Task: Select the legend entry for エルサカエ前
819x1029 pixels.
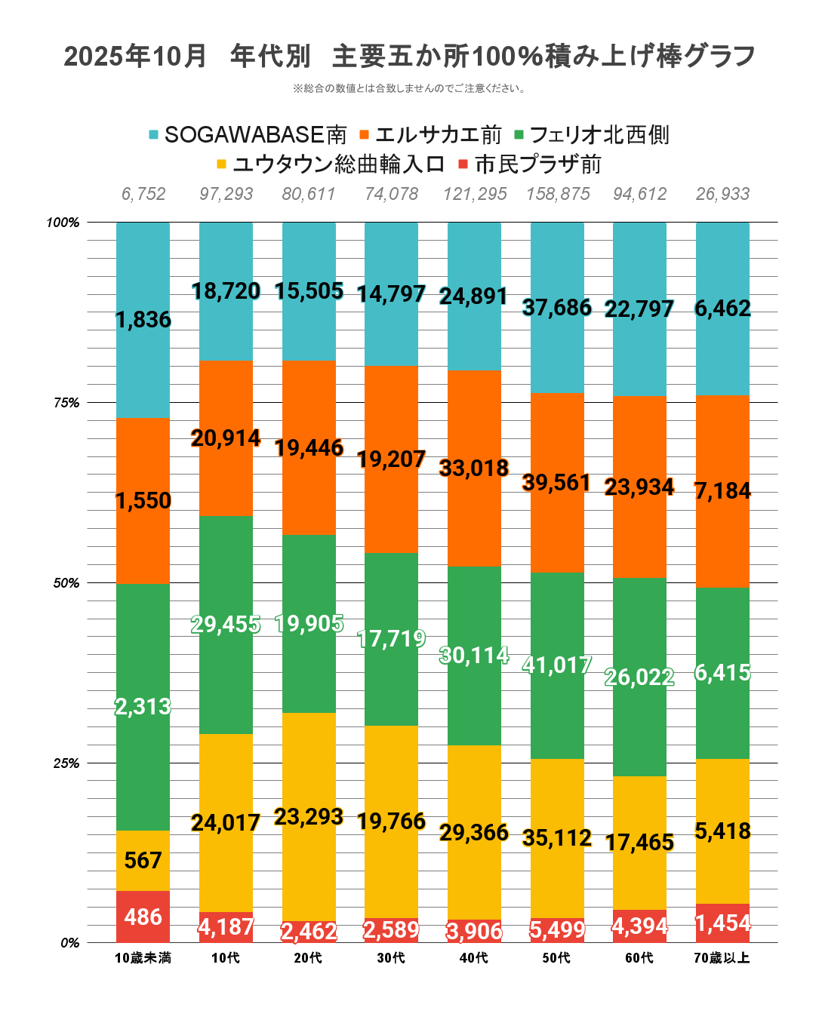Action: [430, 135]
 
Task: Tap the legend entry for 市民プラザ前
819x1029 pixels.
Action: [530, 164]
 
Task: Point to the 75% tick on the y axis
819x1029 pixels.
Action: [66, 403]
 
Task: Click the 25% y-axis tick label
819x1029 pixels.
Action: [66, 763]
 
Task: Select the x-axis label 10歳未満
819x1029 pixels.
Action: [143, 958]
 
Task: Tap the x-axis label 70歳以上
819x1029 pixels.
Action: [722, 958]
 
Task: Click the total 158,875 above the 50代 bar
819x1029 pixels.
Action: [558, 194]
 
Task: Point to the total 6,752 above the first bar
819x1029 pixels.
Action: [143, 194]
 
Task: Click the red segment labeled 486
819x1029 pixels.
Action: [143, 917]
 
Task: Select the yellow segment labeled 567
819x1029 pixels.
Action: [143, 861]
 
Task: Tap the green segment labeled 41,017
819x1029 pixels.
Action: [557, 665]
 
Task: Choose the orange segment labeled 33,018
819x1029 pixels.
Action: [474, 468]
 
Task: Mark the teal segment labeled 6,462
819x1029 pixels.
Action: [722, 309]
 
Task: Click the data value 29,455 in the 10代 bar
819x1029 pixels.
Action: [226, 625]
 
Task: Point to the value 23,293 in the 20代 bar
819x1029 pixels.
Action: [309, 817]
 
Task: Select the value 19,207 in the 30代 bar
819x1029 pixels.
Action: [391, 459]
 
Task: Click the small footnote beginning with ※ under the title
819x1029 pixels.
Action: [409, 88]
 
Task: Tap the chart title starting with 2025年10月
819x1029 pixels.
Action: [409, 56]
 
